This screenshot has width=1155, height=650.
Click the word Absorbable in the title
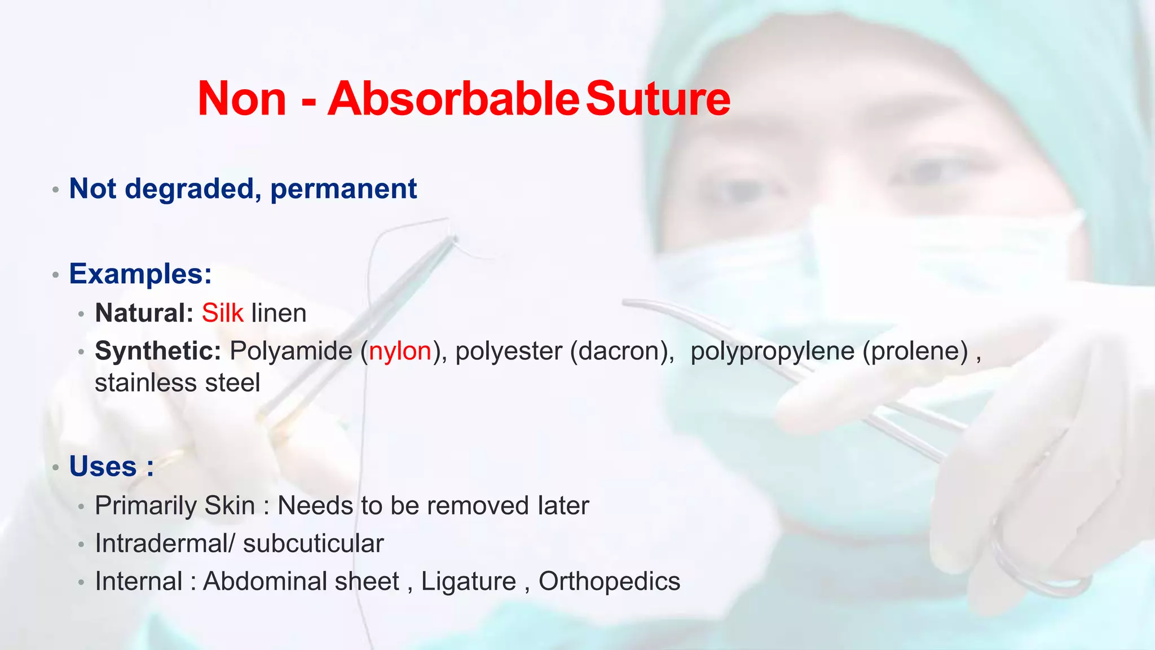tap(453, 99)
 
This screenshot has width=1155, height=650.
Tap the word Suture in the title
tap(658, 99)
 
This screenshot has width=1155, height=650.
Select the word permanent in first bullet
tap(343, 189)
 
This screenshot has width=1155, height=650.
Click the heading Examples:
tap(140, 274)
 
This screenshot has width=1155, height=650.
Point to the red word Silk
tap(223, 313)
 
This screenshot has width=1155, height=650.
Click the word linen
tap(279, 313)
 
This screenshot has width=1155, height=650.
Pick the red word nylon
tap(400, 352)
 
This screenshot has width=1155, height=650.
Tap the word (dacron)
tap(622, 352)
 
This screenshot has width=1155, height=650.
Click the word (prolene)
tap(915, 352)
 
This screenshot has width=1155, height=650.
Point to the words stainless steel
tap(177, 383)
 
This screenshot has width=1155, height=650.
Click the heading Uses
tap(103, 467)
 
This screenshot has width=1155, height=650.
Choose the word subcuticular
tap(314, 544)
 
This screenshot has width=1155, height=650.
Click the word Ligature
tap(469, 582)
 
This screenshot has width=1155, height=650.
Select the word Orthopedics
tap(609, 582)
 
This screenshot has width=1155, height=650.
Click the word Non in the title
tap(242, 99)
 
